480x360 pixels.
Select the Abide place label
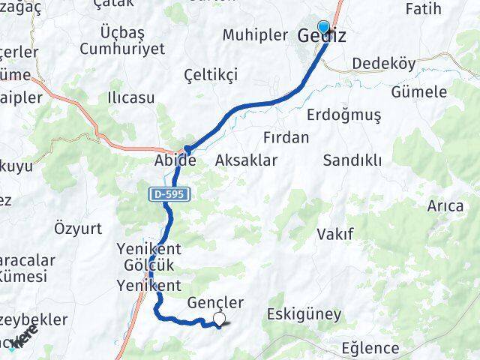175,160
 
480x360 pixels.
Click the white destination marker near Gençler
219,320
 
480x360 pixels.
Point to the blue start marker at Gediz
323,25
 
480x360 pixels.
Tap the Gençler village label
216,302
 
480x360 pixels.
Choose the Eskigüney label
304,313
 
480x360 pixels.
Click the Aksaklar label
246,160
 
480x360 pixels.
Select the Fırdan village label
286,137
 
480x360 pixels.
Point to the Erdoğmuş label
344,115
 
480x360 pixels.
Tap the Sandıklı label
352,160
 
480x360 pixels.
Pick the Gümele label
419,92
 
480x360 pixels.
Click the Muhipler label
256,34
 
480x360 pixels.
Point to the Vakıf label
335,233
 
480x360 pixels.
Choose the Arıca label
445,205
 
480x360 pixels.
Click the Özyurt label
79,227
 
